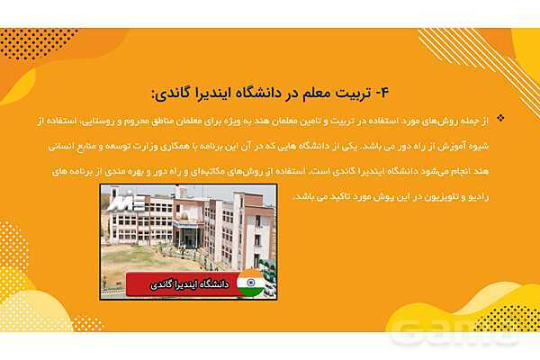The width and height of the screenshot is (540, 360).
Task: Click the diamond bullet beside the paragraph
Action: [500, 118]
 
